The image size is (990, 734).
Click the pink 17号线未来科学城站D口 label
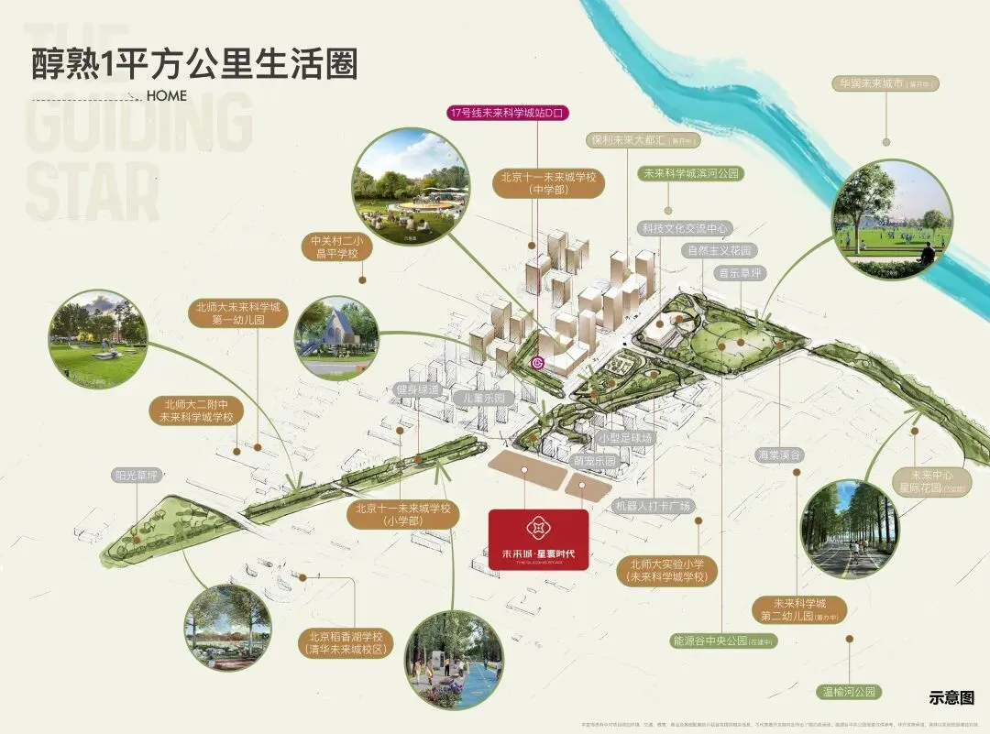tap(509, 114)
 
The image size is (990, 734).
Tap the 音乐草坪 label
tap(740, 273)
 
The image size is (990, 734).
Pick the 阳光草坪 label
tap(137, 476)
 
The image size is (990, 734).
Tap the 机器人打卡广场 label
tap(654, 506)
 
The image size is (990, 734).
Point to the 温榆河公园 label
tap(849, 692)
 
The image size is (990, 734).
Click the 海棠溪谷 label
tap(780, 455)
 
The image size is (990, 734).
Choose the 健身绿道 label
tap(419, 390)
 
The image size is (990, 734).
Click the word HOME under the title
tap(166, 95)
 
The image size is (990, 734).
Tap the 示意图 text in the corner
tap(951, 698)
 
